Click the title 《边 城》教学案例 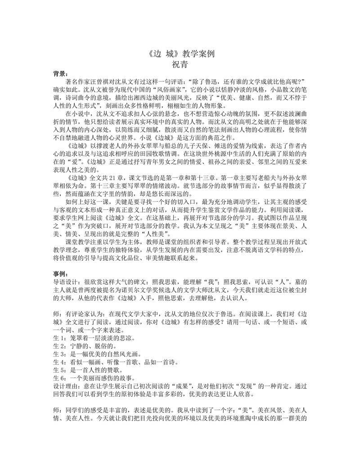click(180, 53)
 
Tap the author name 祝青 click(180, 63)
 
